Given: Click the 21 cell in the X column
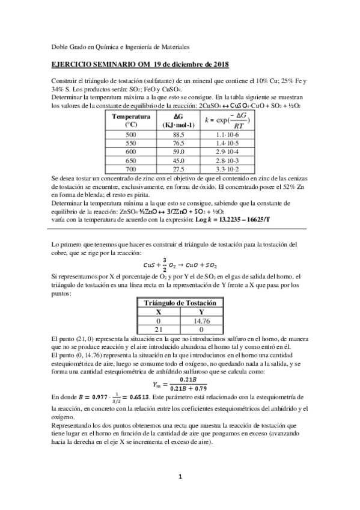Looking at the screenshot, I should [x=159, y=330].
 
